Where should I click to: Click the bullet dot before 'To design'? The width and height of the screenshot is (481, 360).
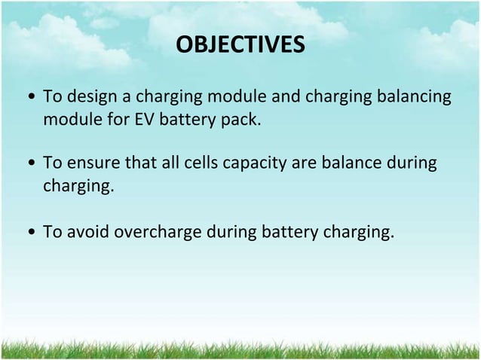point(29,99)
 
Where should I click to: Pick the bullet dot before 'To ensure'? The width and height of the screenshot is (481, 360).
point(29,165)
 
